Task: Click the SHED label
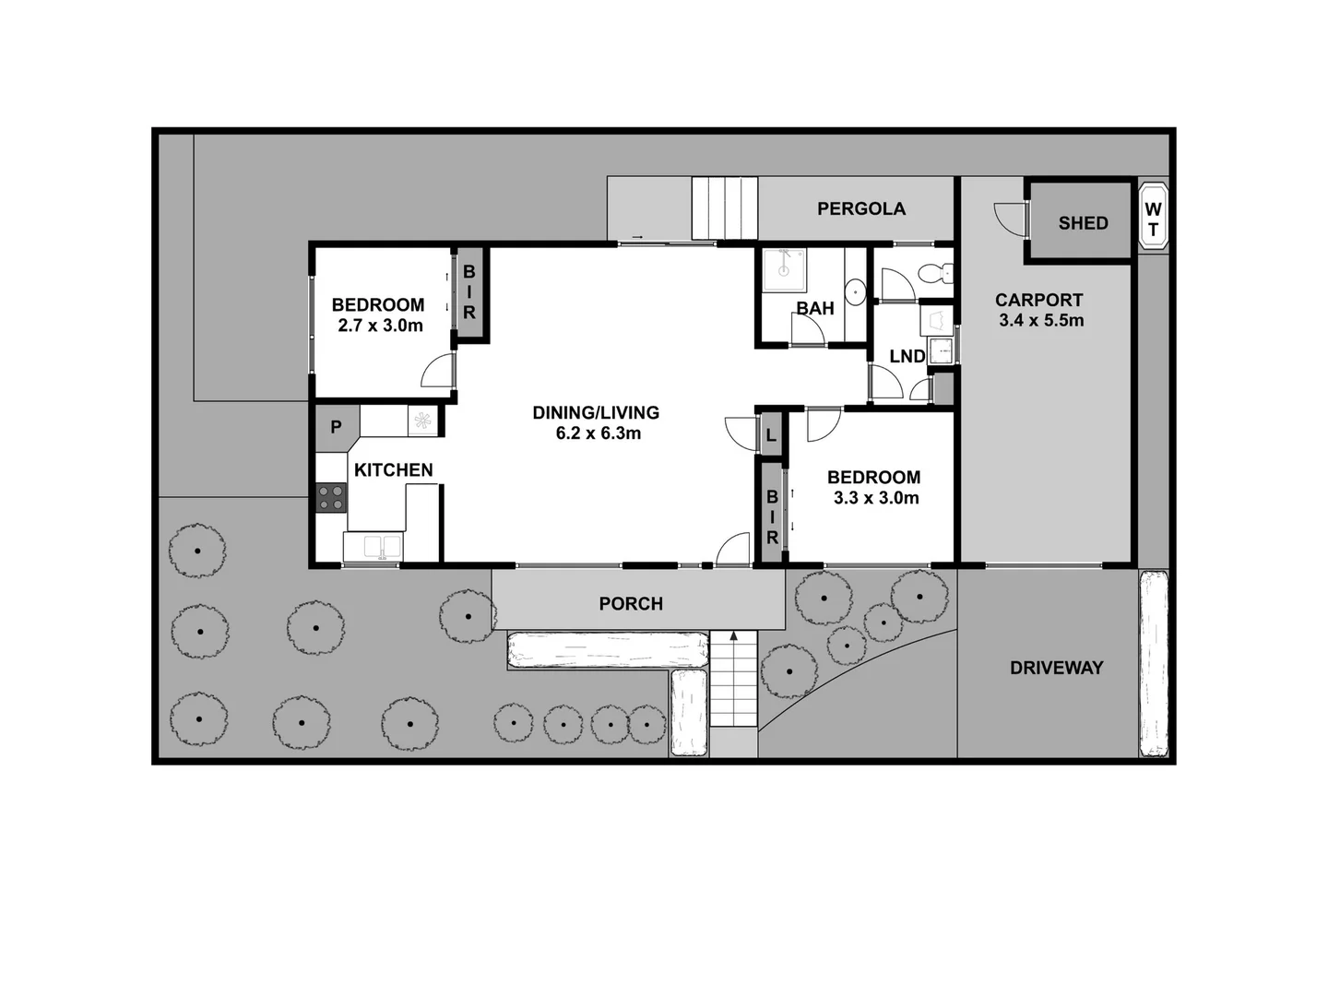(x=1083, y=222)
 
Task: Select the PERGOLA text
(x=861, y=208)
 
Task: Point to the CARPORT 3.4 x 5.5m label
(x=1040, y=310)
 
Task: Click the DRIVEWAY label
(x=1056, y=668)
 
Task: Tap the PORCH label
(x=631, y=603)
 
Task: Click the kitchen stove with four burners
(x=331, y=498)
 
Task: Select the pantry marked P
(x=336, y=428)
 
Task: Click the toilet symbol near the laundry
(x=936, y=273)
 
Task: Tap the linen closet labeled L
(x=771, y=435)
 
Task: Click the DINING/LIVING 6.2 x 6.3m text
(x=597, y=422)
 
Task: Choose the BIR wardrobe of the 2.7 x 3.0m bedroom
(x=469, y=293)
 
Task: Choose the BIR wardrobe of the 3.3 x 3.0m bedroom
(x=771, y=516)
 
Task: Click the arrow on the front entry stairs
(x=734, y=636)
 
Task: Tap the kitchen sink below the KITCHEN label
(x=373, y=547)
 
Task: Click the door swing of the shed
(x=1011, y=219)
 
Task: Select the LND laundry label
(x=907, y=356)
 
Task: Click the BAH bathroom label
(x=815, y=308)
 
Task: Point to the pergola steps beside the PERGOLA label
(x=725, y=208)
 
